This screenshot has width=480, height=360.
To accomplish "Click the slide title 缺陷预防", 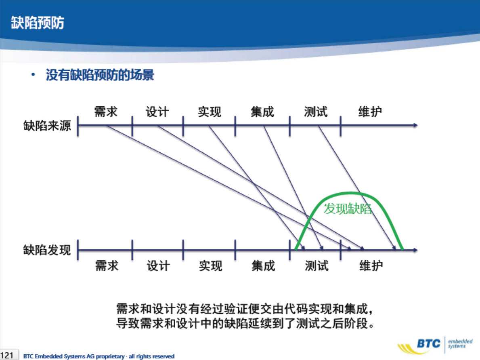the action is click(38, 23).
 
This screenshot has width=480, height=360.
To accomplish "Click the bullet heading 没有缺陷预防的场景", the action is click(100, 75).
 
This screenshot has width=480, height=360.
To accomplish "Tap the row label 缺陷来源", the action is click(47, 126).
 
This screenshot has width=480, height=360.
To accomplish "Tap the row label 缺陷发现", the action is click(47, 250).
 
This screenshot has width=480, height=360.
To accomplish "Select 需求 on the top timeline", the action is click(106, 112).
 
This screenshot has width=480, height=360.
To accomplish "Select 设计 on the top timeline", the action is click(157, 112).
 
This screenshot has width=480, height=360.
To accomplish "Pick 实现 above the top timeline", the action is click(210, 112).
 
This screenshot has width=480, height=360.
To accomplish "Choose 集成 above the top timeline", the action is click(262, 112).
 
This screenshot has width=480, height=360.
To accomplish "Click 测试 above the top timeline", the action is click(316, 112).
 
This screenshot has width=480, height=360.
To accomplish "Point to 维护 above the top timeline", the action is click(370, 112).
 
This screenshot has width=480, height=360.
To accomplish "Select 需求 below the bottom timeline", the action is click(107, 265).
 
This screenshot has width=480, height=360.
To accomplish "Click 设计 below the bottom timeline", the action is click(158, 265).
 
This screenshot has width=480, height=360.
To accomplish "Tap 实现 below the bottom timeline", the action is click(211, 265).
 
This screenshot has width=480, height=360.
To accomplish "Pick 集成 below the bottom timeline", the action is click(263, 265).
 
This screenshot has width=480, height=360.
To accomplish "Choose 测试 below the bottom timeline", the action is click(317, 265).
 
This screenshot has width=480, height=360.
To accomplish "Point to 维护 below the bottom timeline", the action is click(371, 265).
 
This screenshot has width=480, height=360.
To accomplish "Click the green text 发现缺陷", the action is click(348, 208).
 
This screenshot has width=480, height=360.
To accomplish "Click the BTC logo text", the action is click(429, 343).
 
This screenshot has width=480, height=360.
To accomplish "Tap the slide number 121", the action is click(7, 356).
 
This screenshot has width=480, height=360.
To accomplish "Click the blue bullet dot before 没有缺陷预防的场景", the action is click(33, 74).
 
